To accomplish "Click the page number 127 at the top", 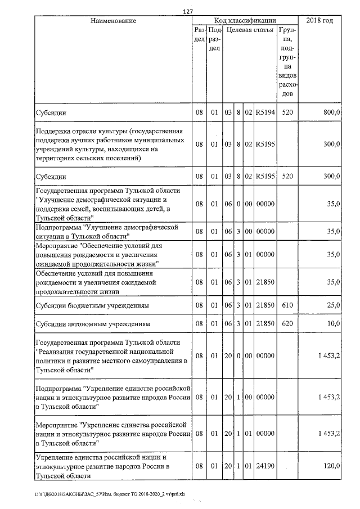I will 188,11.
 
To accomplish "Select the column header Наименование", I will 114,21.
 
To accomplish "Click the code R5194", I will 264,113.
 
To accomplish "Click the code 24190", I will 264,467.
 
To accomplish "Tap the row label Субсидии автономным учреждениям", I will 86,325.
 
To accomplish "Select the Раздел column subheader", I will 199,34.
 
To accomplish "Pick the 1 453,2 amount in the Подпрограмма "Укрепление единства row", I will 328,397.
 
